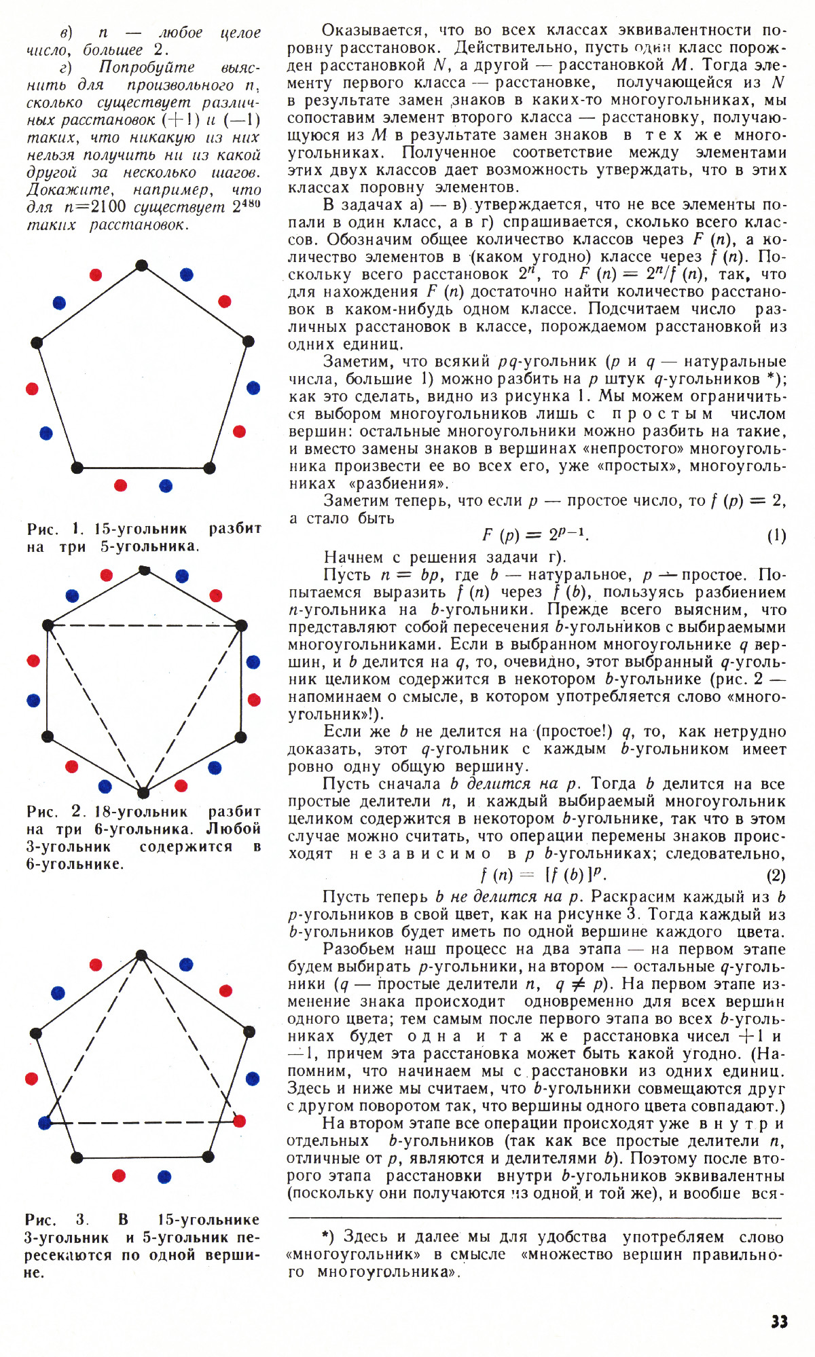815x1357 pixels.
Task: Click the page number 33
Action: coord(779,1322)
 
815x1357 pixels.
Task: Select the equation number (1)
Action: coord(776,536)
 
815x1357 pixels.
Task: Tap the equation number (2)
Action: coord(776,876)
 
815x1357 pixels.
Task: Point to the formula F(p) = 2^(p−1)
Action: coord(535,535)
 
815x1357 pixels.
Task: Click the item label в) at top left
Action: coord(66,33)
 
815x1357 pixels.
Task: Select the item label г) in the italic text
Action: coord(66,68)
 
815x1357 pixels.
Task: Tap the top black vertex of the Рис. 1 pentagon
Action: coord(141,265)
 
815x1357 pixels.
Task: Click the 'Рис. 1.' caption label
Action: coord(56,529)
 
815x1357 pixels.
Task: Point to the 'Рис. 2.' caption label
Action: coord(56,812)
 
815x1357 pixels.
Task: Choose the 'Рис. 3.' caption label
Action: coord(56,1220)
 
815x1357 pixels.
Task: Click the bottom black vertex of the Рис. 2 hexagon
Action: coord(143,793)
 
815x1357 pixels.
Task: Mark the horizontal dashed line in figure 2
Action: coord(145,626)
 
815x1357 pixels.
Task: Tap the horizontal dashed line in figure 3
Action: coord(143,1123)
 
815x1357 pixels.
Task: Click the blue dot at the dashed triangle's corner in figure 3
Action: coord(46,1122)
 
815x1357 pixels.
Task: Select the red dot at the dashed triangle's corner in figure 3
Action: coord(239,1120)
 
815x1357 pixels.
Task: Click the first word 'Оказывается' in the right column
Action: coord(375,31)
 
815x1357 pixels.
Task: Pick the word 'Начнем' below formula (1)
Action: coord(353,557)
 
